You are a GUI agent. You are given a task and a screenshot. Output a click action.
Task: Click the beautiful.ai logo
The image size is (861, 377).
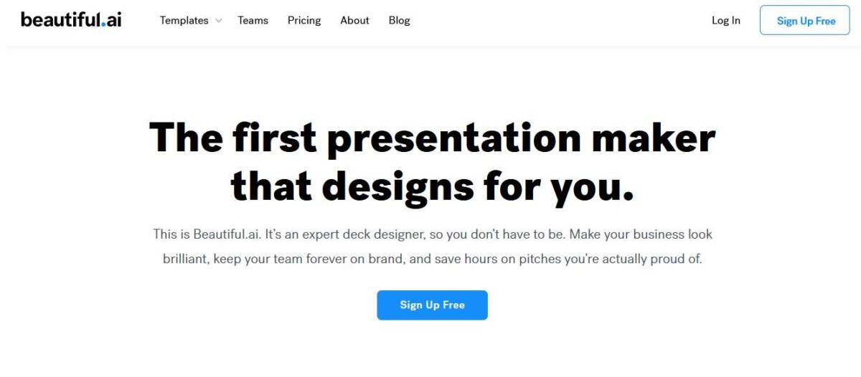[x=71, y=19]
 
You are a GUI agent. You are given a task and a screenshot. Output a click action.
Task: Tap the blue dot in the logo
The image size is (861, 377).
[x=103, y=24]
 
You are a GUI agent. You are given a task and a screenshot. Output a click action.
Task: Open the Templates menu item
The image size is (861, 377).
[x=184, y=20]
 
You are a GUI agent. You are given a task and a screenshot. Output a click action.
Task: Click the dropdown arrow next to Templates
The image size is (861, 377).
[x=219, y=21]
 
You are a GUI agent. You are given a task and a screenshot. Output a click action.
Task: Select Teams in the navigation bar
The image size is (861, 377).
[x=253, y=20]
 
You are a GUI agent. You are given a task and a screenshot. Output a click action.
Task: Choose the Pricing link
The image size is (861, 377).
[x=304, y=21]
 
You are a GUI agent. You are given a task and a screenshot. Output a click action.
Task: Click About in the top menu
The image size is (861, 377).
[x=354, y=20]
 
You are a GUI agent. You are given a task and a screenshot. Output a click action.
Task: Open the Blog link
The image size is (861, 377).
[x=400, y=21]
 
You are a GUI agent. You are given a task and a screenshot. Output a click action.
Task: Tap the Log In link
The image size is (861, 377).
[x=726, y=21]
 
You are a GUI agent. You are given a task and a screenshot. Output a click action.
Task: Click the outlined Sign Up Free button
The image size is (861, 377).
[x=805, y=20]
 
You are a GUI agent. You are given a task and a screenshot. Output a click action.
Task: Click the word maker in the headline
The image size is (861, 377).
[x=654, y=138]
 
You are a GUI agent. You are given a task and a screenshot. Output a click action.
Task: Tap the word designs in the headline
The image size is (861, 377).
[x=397, y=188]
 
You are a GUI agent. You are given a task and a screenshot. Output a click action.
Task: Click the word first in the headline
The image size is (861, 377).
[x=274, y=137]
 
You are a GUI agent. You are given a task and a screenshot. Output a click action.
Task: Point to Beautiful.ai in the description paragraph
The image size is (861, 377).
[x=227, y=234]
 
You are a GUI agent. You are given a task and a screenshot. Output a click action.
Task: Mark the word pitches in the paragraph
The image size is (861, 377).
[x=540, y=259]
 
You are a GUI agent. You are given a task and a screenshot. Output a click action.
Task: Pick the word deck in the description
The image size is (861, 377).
[x=357, y=234]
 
